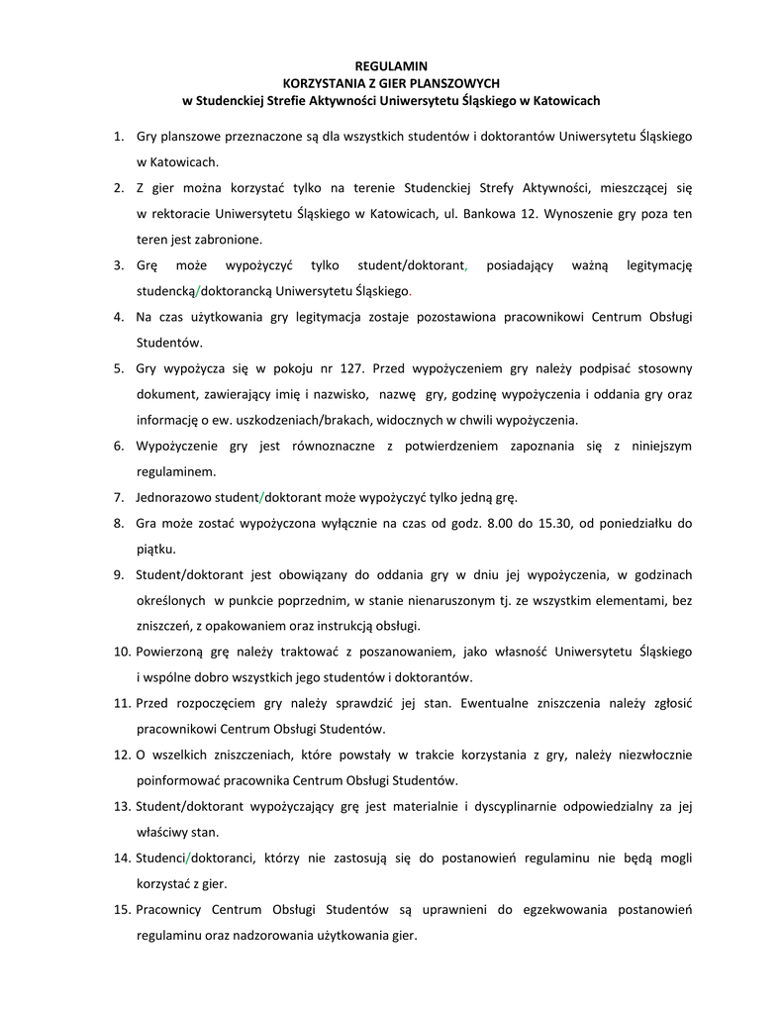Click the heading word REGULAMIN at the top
coord(391,65)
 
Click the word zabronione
coord(229,239)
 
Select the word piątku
coord(155,548)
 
